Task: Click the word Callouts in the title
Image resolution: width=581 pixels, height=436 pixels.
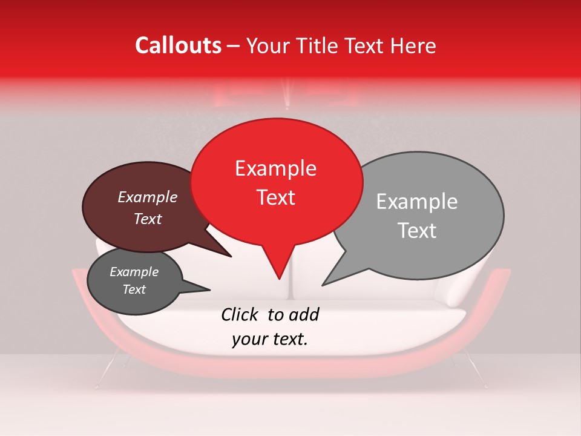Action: pyautogui.click(x=178, y=45)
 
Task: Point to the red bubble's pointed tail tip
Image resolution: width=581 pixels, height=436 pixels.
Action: pyautogui.click(x=279, y=279)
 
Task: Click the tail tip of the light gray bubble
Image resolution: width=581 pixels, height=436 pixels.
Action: pyautogui.click(x=323, y=285)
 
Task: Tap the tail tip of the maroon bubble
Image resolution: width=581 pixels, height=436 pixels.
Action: pyautogui.click(x=231, y=256)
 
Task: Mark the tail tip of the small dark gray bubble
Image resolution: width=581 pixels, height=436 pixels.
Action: pyautogui.click(x=209, y=290)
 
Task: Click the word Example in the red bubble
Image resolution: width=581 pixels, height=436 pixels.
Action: pyautogui.click(x=276, y=168)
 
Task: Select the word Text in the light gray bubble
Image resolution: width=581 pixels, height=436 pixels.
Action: pyautogui.click(x=418, y=231)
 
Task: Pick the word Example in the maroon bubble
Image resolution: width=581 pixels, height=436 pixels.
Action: pyautogui.click(x=148, y=197)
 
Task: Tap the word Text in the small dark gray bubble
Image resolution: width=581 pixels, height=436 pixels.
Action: pyautogui.click(x=134, y=289)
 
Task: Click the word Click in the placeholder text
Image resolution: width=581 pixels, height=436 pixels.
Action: pyautogui.click(x=241, y=314)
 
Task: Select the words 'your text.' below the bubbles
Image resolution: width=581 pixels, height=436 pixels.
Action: pyautogui.click(x=270, y=340)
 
